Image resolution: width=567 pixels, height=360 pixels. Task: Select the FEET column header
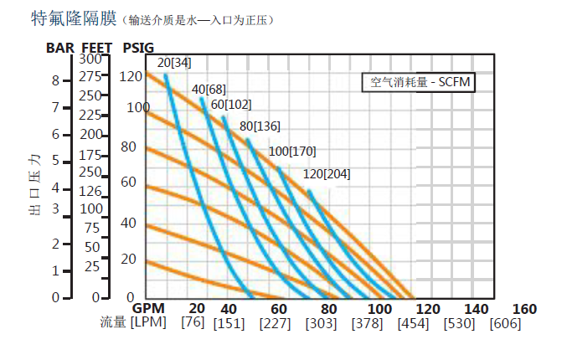click(97, 47)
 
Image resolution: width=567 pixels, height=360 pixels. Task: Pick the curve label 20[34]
click(174, 62)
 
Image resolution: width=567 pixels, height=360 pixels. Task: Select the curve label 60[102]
click(231, 104)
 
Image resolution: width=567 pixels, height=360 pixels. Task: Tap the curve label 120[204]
click(327, 174)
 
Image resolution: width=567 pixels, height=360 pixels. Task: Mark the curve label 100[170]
click(292, 152)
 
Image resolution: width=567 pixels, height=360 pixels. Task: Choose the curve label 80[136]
click(260, 126)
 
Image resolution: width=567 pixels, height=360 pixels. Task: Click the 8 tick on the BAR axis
click(55, 80)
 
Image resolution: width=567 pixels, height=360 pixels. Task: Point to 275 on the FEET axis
click(90, 76)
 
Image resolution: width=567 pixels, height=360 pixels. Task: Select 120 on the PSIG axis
click(131, 77)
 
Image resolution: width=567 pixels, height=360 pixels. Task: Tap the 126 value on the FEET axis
click(90, 191)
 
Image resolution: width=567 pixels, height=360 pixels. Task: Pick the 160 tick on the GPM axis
click(523, 309)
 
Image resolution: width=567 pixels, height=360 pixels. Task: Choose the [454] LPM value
click(412, 323)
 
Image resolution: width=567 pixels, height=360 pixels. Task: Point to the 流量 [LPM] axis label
click(134, 322)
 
